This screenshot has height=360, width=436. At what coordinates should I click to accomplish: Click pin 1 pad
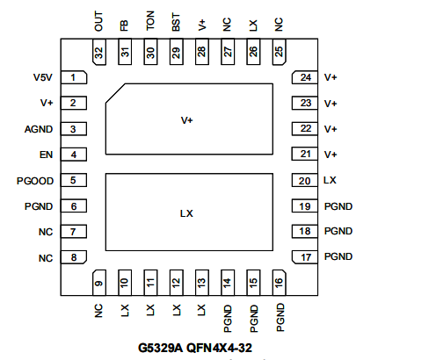(74, 77)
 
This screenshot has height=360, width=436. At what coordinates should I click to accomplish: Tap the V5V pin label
(43, 77)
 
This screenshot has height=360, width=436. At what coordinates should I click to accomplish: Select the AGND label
(39, 129)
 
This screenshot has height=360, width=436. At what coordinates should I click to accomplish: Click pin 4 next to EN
(74, 155)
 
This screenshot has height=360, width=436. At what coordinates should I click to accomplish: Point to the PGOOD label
(35, 181)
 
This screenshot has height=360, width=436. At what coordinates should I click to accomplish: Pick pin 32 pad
(99, 52)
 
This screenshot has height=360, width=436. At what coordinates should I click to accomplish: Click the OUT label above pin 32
(98, 21)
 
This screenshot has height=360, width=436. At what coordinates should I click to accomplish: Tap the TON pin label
(150, 21)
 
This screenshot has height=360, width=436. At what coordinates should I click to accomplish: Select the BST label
(176, 22)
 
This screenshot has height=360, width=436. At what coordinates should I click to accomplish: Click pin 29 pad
(176, 52)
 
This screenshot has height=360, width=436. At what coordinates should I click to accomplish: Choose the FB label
(124, 25)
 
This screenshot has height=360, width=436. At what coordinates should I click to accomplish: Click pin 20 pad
(305, 180)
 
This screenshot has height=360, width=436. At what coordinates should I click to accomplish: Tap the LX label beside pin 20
(330, 180)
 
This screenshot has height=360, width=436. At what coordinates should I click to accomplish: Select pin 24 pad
(305, 77)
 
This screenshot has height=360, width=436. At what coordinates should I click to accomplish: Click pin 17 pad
(305, 257)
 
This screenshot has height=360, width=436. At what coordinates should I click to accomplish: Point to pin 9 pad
(99, 283)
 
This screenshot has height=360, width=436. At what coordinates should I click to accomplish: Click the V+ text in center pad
(186, 120)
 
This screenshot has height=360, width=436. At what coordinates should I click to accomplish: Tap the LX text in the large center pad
(186, 213)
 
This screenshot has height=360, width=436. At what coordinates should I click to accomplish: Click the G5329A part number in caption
(160, 348)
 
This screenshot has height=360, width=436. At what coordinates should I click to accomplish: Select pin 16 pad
(279, 283)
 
